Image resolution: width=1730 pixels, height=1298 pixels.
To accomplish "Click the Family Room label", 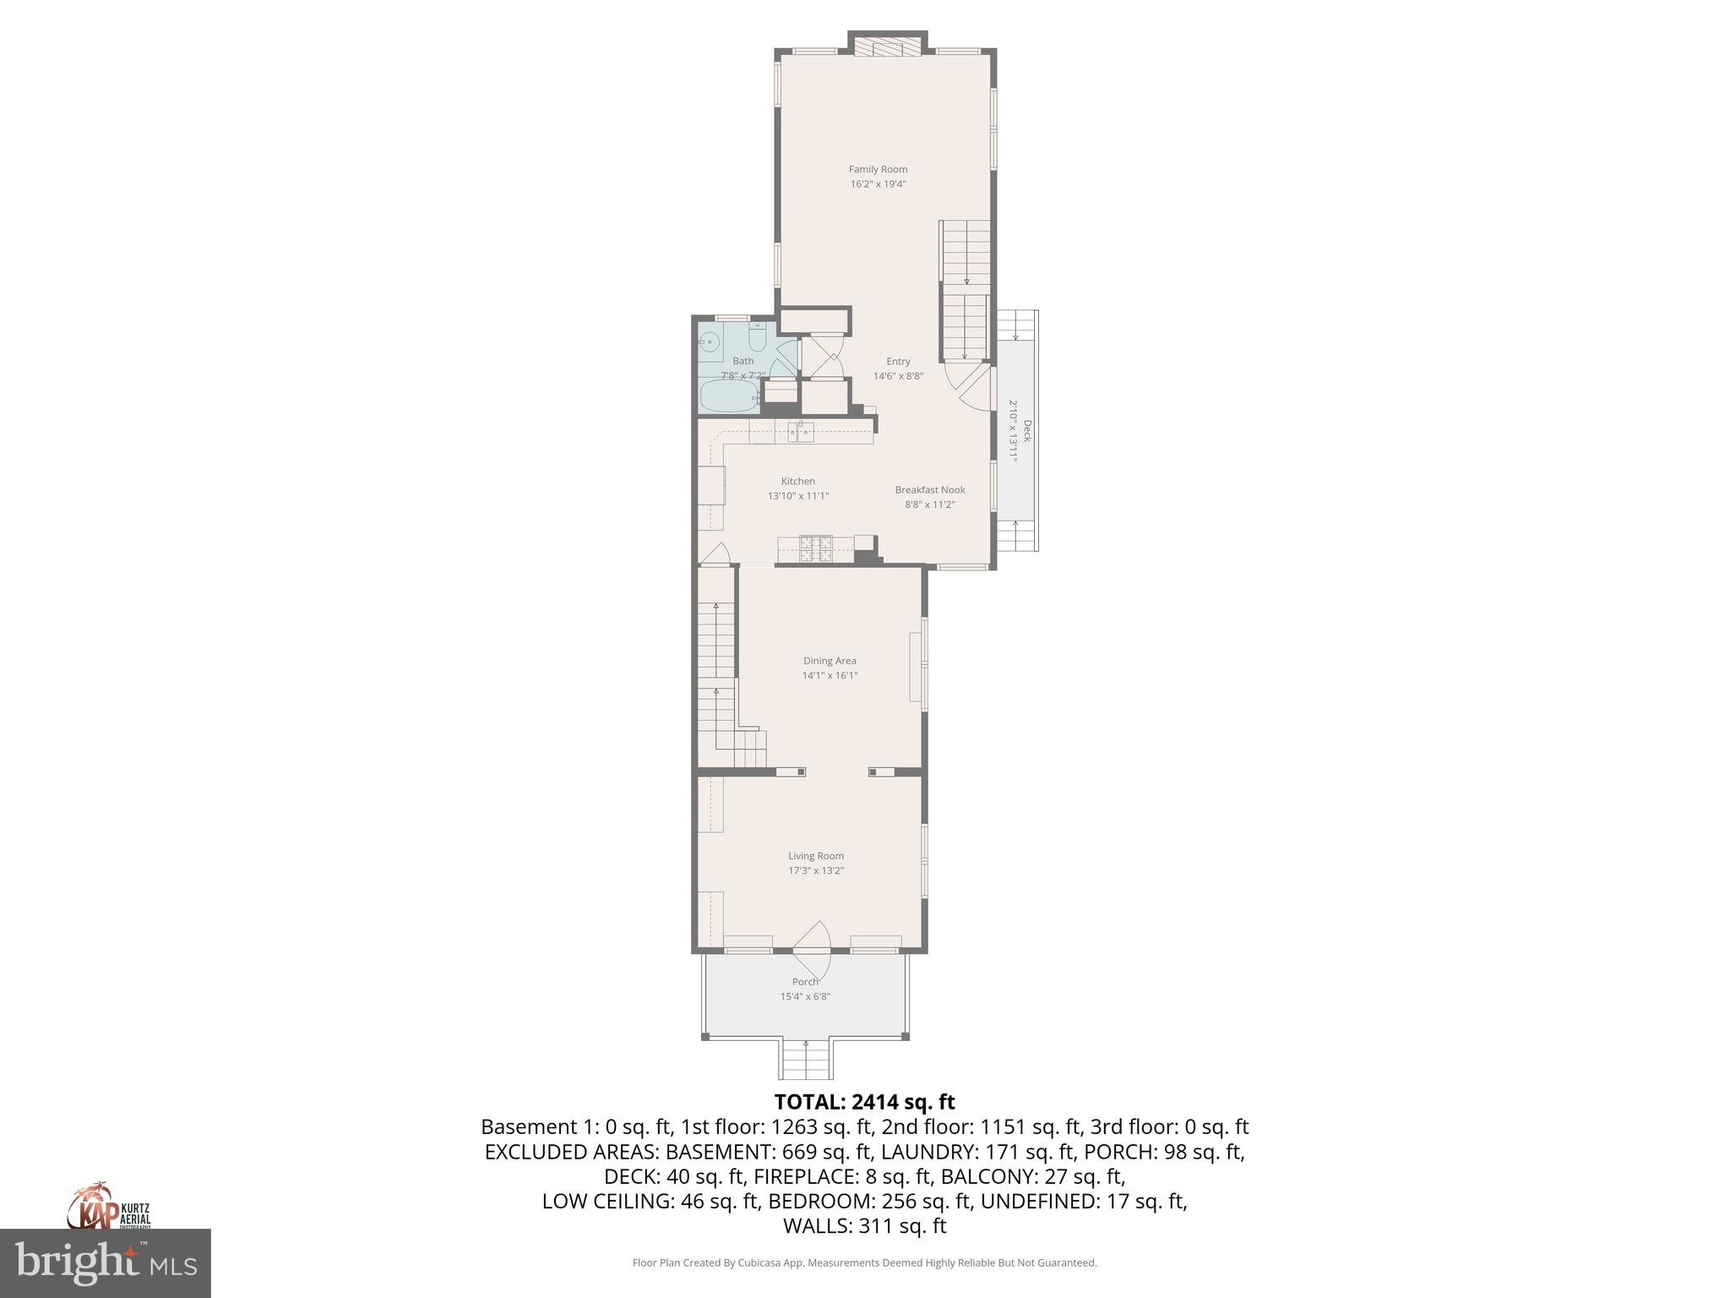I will click(878, 169).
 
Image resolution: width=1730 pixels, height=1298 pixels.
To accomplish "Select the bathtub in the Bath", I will click(730, 395).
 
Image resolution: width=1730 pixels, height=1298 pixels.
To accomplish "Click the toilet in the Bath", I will click(757, 340).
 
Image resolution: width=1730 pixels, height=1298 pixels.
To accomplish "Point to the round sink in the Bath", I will click(710, 343).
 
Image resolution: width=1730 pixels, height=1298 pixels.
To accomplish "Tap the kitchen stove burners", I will click(816, 549).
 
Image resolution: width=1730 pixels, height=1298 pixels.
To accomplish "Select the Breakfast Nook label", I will click(929, 490).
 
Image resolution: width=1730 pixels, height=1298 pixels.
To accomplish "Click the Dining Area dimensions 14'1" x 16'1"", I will click(830, 675).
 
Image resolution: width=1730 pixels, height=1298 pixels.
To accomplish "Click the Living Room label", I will click(816, 856).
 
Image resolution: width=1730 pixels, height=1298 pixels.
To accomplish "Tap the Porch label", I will click(805, 982).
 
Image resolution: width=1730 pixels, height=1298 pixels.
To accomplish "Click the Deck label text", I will click(1027, 431).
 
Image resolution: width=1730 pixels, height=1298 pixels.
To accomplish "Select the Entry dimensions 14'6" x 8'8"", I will click(898, 376).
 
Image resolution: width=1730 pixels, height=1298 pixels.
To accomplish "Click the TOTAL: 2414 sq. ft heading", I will click(864, 1102).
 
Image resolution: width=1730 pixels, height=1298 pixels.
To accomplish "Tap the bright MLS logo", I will click(106, 1263).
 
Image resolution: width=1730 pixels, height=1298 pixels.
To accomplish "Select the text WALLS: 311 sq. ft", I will click(864, 1225).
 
